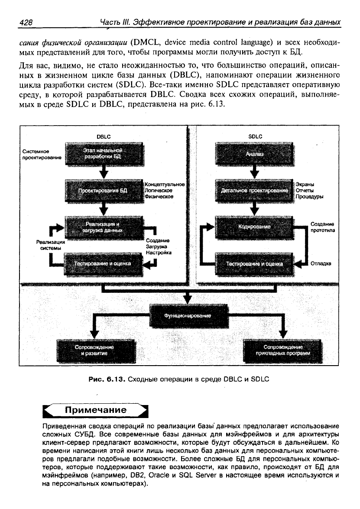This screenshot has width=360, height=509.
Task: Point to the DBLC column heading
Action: click(x=103, y=136)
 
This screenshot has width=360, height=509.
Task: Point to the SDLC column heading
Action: click(x=255, y=136)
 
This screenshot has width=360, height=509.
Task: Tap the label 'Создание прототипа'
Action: click(x=322, y=227)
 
